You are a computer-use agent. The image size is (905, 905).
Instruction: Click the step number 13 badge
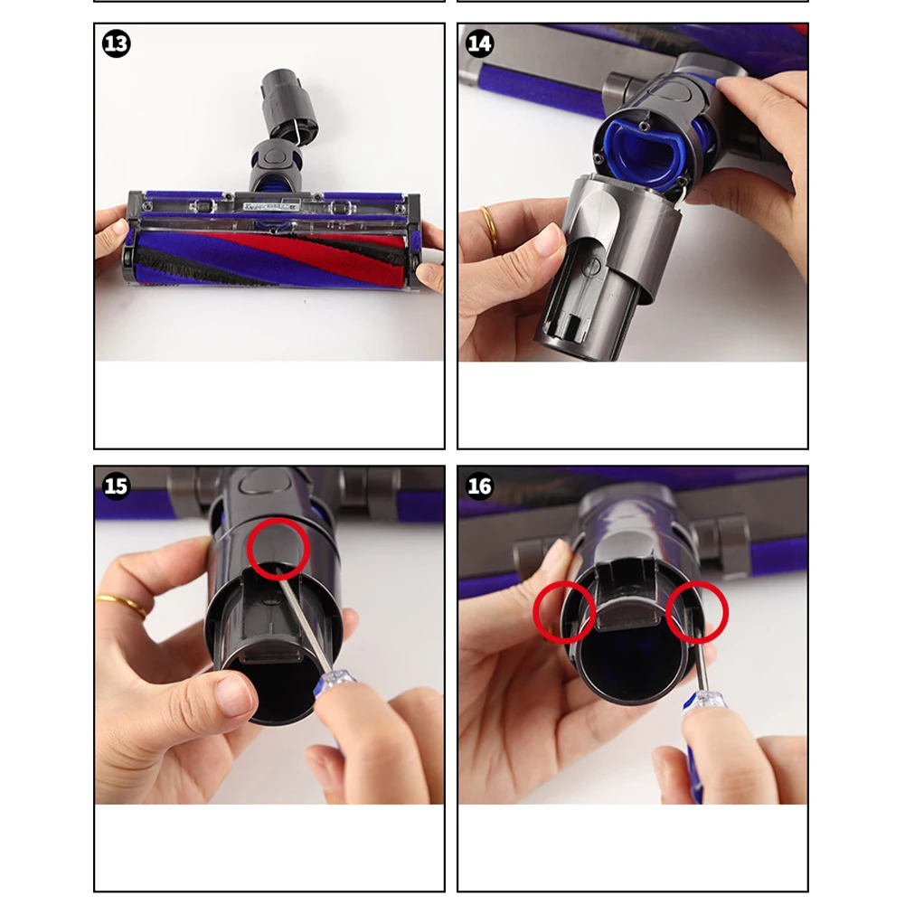(116, 43)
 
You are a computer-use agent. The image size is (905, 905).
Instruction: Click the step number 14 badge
(479, 43)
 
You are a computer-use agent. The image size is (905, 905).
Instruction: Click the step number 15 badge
(116, 486)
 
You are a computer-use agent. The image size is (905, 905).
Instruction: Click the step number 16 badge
(479, 486)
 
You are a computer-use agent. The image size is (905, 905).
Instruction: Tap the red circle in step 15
(278, 548)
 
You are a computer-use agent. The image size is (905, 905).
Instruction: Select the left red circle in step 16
(564, 612)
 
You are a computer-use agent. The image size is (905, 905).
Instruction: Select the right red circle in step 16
(697, 612)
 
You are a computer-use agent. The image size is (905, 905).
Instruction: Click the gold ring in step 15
(122, 605)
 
